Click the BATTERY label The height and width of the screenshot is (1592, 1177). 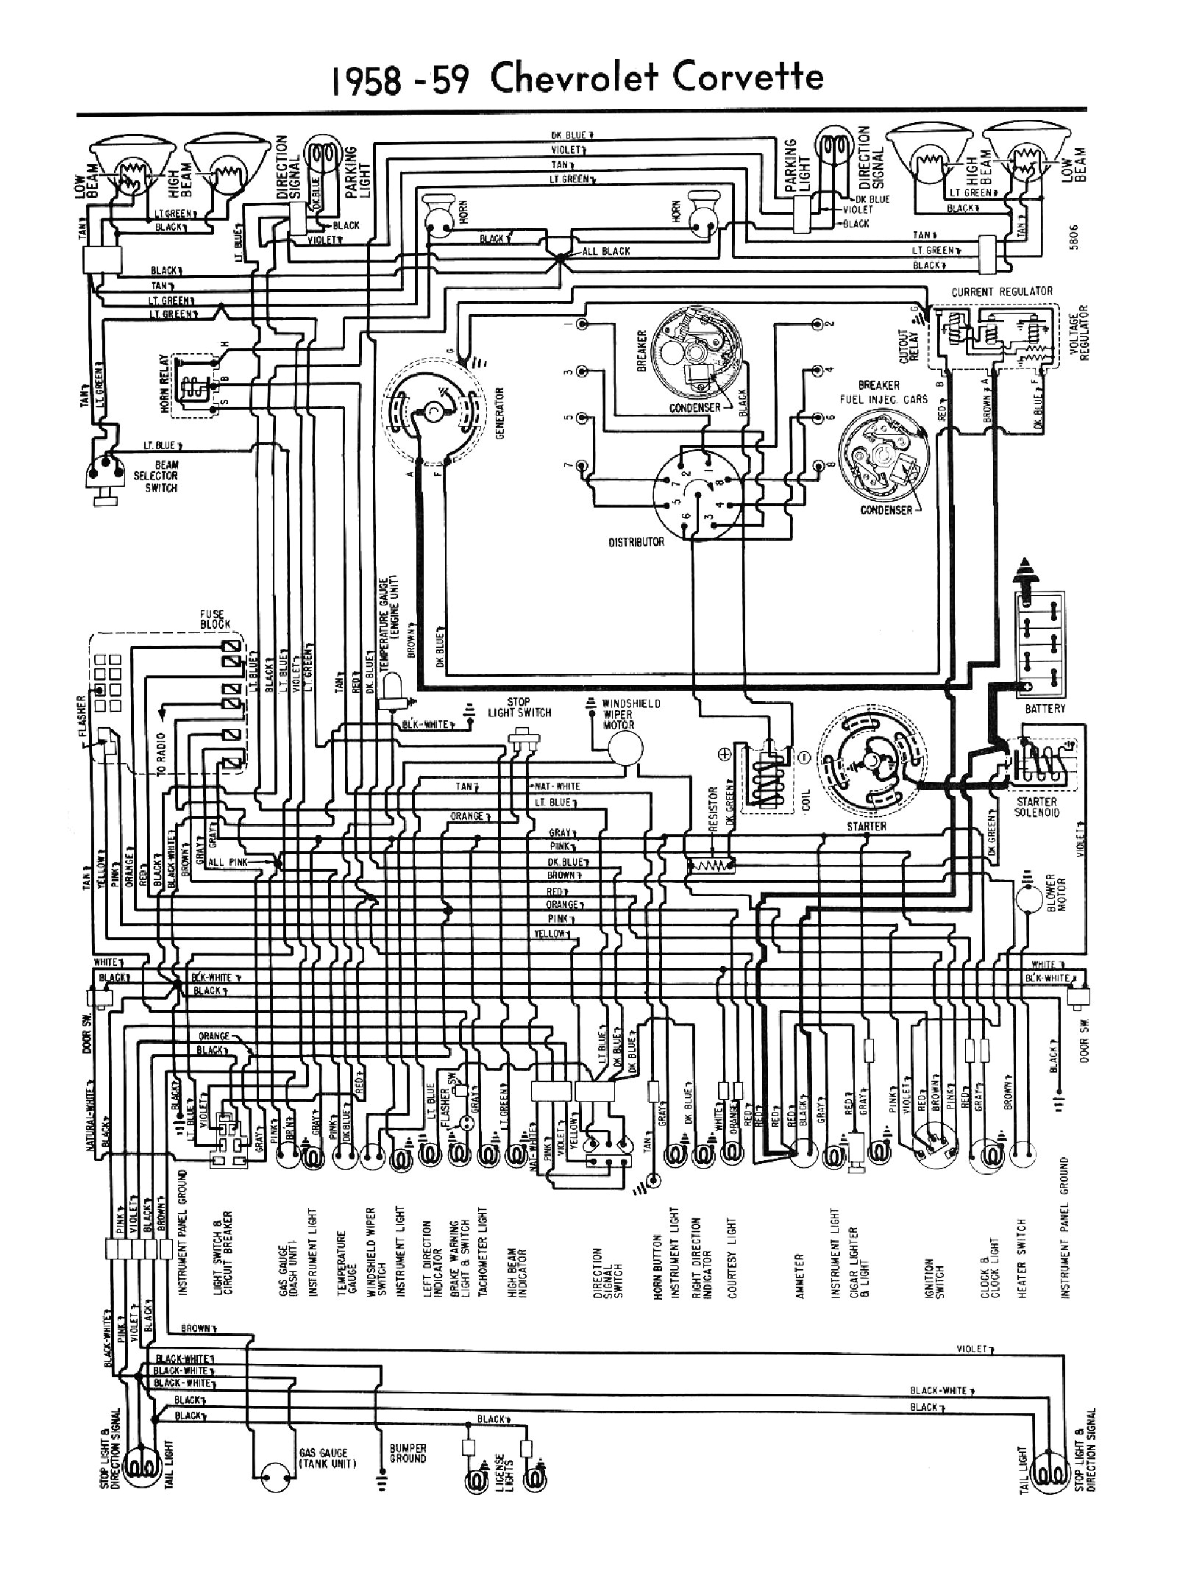pos(1045,708)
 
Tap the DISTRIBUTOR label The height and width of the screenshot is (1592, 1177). pos(636,541)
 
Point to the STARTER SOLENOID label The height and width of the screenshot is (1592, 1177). pos(1038,807)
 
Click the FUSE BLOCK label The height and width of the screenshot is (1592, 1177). pos(215,619)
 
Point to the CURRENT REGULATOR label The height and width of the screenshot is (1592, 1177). pos(1002,292)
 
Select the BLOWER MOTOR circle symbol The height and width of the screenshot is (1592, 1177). pos(1028,899)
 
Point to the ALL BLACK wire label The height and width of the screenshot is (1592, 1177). pos(606,252)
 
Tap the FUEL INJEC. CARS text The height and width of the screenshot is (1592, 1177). pos(883,399)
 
